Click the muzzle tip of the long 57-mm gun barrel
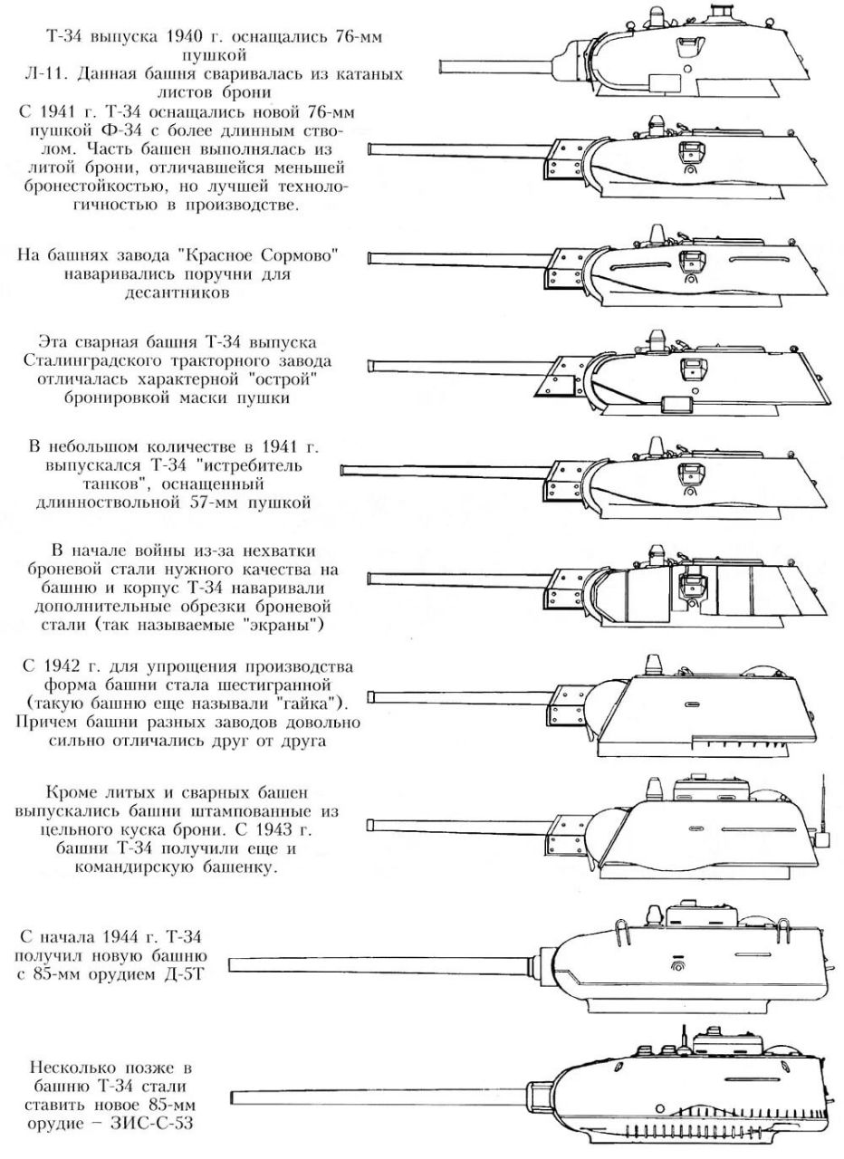[342, 469]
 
